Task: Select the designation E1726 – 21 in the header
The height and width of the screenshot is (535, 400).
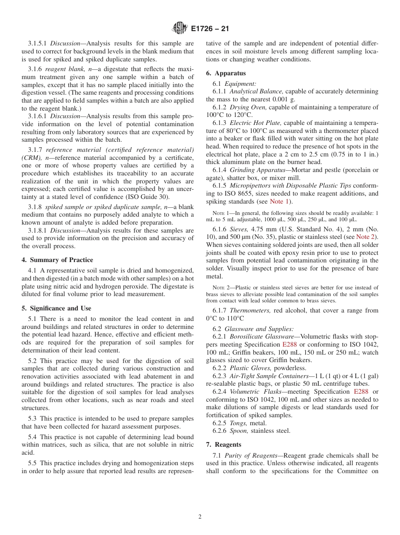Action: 210,29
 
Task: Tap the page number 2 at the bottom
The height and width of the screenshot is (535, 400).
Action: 200,517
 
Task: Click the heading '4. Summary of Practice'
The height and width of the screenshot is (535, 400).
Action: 57,260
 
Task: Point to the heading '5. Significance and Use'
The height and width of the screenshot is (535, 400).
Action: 56,308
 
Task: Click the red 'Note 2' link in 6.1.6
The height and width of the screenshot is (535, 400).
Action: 367,237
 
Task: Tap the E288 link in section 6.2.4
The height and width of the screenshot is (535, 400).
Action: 361,392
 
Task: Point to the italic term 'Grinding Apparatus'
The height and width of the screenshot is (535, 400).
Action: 258,170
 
